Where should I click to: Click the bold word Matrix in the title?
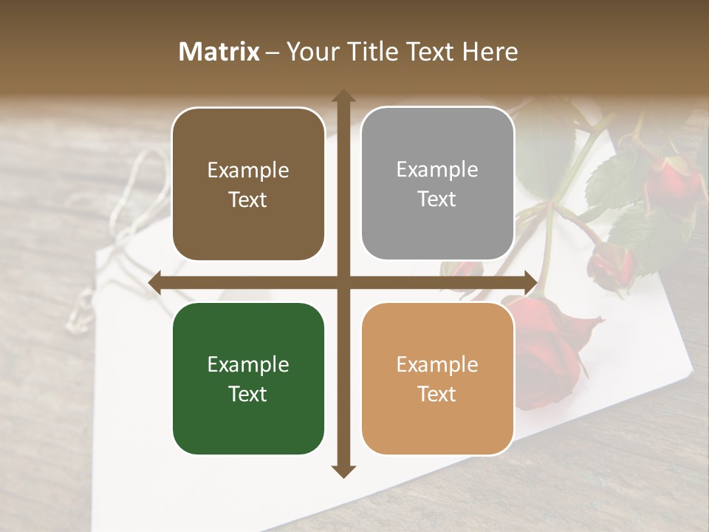(x=219, y=52)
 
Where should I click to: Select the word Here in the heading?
(x=490, y=52)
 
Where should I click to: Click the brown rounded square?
(x=248, y=184)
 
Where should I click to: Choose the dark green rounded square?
(x=248, y=378)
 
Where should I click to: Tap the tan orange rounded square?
(x=437, y=378)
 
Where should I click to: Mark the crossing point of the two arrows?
(x=343, y=283)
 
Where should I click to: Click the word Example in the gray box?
(x=437, y=169)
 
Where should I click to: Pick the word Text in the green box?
(x=248, y=394)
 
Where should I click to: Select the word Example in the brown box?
(x=248, y=170)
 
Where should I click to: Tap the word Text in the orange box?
(x=437, y=394)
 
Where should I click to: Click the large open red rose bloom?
(x=550, y=340)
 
